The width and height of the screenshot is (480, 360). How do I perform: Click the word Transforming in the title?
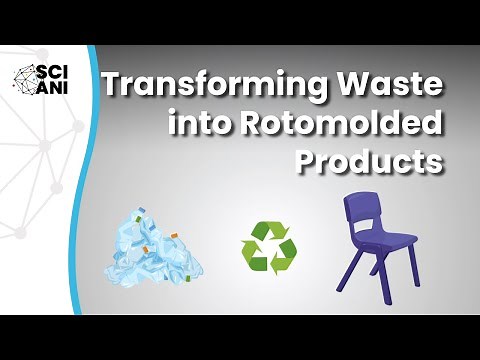pyautogui.click(x=199, y=87)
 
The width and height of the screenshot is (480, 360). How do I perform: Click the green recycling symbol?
pyautogui.click(x=265, y=246)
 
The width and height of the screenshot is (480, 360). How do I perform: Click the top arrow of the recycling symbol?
pyautogui.click(x=266, y=229)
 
